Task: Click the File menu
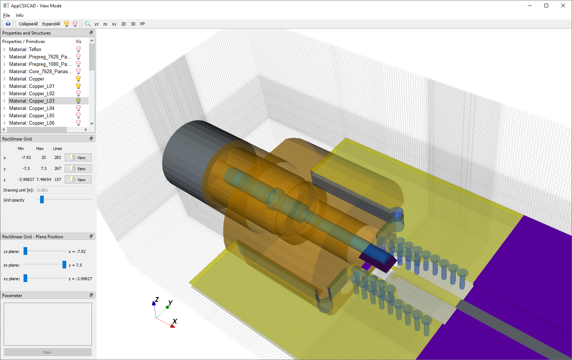tap(7, 15)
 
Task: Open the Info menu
tap(19, 15)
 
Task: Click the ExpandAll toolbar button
tap(51, 24)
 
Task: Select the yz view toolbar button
tap(96, 24)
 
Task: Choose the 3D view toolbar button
tap(133, 24)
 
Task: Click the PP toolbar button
tap(142, 24)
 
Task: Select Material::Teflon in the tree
tap(25, 49)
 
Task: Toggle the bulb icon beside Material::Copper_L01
tap(78, 86)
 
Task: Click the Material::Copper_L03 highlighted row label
tap(32, 101)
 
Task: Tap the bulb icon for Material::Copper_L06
tap(78, 123)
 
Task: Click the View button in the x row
tap(78, 158)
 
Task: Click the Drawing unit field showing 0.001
tap(64, 190)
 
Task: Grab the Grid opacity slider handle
tap(42, 200)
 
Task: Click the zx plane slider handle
tap(64, 265)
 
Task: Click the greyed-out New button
tap(47, 352)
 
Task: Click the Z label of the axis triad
tap(157, 299)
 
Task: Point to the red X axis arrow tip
tap(173, 326)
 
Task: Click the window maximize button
tap(546, 6)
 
